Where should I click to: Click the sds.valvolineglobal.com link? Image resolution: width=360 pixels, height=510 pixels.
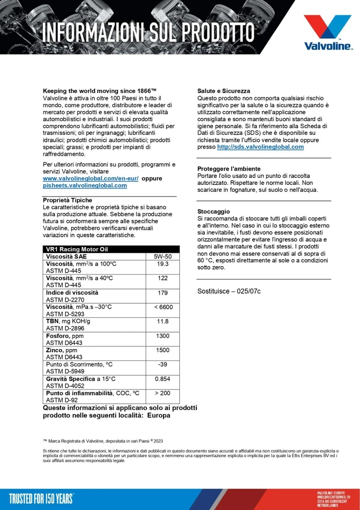[260, 147]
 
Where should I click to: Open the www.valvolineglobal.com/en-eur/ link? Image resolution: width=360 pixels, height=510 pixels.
[90, 179]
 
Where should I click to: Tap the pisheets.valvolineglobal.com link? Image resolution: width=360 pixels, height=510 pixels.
[84, 186]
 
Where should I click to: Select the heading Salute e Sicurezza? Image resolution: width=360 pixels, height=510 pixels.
[224, 91]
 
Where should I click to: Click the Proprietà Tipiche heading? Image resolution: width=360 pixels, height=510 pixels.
[67, 200]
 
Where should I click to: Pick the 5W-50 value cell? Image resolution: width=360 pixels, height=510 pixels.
[163, 257]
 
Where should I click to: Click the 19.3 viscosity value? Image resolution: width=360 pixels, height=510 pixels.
[163, 264]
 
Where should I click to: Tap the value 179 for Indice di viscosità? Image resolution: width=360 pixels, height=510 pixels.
[163, 293]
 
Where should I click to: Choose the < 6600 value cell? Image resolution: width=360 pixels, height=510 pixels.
[163, 307]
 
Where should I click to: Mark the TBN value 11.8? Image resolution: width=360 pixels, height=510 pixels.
[163, 321]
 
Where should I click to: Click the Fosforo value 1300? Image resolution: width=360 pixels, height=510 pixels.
[163, 336]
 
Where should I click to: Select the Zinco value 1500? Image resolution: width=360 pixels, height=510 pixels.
[163, 350]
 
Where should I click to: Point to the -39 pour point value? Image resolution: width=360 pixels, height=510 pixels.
[163, 364]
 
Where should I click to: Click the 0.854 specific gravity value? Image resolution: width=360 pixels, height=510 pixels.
[163, 379]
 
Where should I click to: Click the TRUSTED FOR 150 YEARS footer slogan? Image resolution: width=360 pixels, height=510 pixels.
[41, 498]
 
